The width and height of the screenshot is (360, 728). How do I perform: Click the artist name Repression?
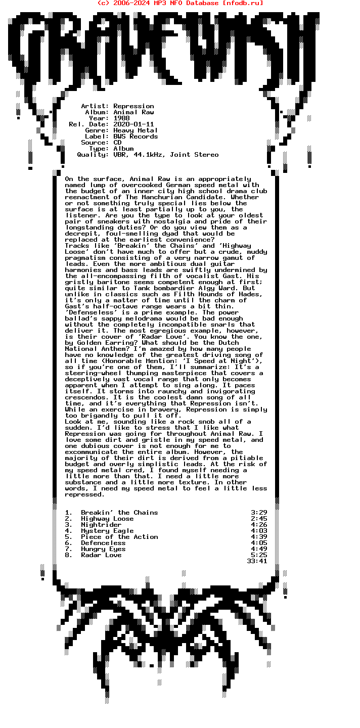[x=133, y=106]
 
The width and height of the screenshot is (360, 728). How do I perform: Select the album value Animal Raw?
[x=133, y=112]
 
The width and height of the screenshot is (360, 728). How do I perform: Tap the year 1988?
[x=121, y=118]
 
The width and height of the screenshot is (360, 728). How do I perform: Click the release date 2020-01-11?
[x=133, y=124]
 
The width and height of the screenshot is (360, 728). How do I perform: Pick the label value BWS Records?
[x=136, y=136]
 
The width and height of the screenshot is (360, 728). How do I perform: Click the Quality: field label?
[x=93, y=155]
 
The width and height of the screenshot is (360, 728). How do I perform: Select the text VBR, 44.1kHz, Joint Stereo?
[x=166, y=155]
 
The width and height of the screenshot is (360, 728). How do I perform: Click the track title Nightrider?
[x=101, y=525]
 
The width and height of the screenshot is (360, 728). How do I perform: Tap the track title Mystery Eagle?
[x=107, y=531]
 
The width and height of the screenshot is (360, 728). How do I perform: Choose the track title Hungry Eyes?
[x=103, y=549]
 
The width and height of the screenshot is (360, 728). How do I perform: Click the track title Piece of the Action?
[x=119, y=537]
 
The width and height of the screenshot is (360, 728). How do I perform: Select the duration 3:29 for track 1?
[x=259, y=513]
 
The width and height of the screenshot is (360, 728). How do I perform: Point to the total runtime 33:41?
[x=257, y=561]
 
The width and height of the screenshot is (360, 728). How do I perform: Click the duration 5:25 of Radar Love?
[x=259, y=555]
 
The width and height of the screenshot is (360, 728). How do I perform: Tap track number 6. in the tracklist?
[x=69, y=543]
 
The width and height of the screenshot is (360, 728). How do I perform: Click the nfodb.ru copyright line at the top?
[x=180, y=3]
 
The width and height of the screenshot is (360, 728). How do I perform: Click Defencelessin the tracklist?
[x=103, y=543]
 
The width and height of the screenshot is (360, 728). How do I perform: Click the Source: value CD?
[x=117, y=143]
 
